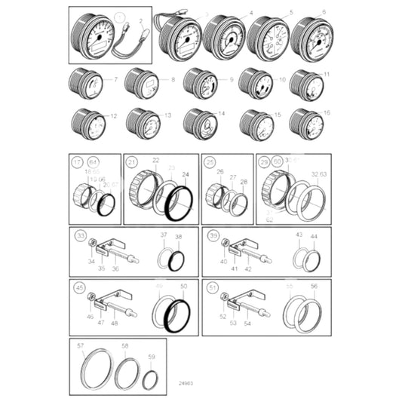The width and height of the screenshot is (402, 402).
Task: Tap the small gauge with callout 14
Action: point(201,124)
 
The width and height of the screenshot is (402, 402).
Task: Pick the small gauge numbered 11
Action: point(307,84)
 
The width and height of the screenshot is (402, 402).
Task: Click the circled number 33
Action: point(79,235)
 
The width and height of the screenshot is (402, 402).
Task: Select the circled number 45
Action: point(79,287)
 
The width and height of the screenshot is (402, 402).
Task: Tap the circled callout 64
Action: point(94,161)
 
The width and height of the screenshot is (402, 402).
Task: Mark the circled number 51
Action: point(212,287)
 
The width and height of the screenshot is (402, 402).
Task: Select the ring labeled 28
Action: point(240,203)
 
